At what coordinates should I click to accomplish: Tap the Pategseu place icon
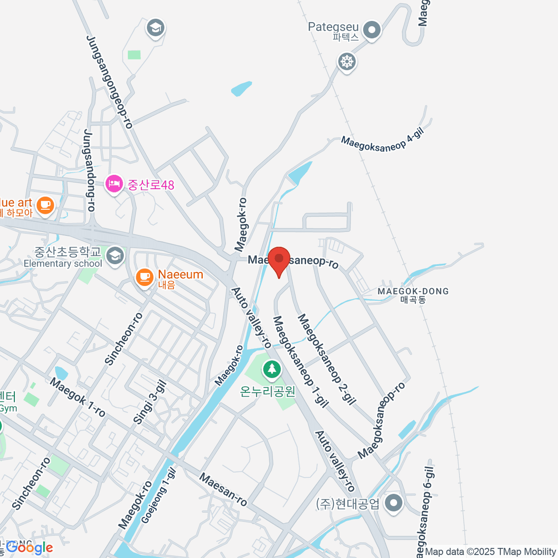tap(372, 30)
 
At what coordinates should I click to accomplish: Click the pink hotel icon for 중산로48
tap(114, 185)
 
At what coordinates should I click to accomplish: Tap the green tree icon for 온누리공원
tap(272, 370)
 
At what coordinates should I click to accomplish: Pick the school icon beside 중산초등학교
tap(115, 255)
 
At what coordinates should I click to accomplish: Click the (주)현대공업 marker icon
tap(394, 503)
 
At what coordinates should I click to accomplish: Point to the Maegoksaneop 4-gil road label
tap(383, 143)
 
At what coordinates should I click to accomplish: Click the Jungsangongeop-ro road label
tap(110, 82)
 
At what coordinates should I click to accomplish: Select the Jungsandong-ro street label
tap(89, 171)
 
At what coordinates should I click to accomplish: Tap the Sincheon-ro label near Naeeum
tap(124, 339)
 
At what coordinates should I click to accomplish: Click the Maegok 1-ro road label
tap(78, 397)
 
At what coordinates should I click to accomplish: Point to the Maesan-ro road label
tap(223, 490)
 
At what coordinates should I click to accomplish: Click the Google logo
tap(29, 548)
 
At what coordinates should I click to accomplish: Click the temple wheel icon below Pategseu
tap(346, 61)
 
